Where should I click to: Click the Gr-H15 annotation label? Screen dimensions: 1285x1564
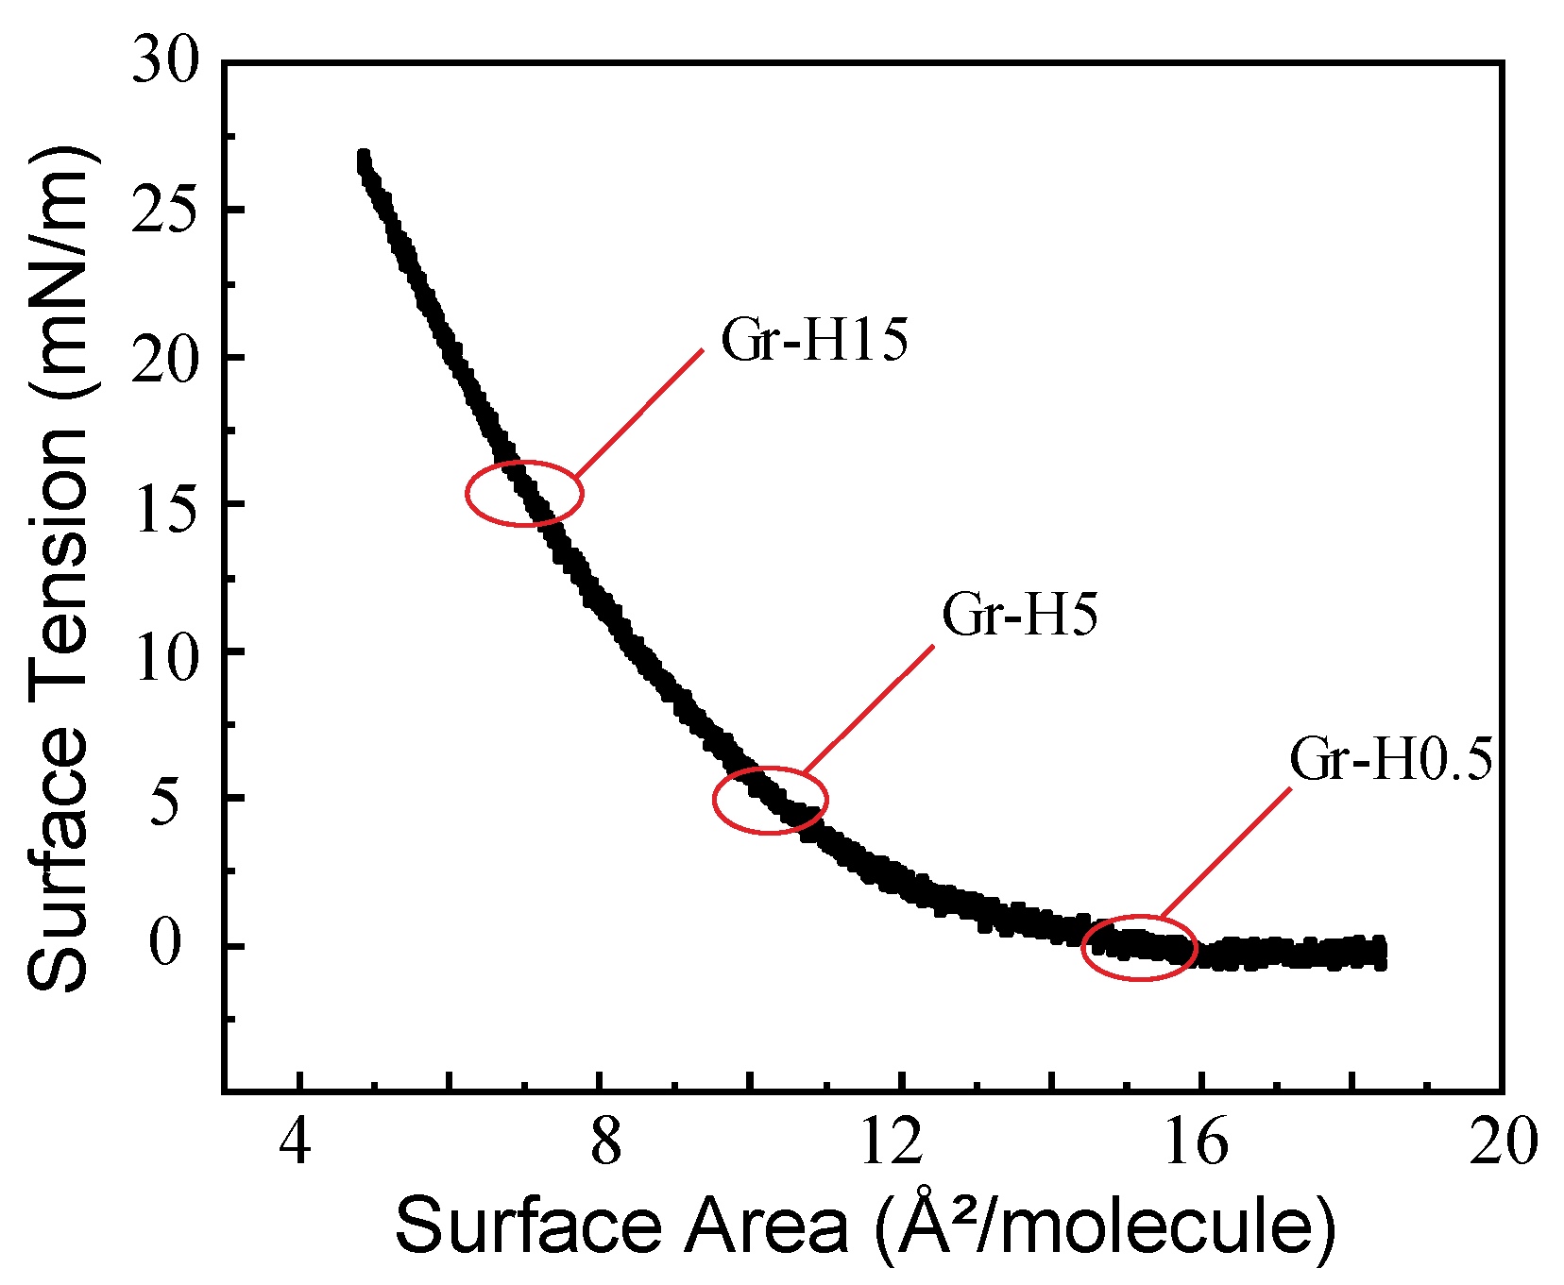(x=814, y=341)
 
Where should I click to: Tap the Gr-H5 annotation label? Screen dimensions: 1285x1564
(x=1020, y=616)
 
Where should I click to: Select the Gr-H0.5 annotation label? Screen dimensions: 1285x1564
(x=1390, y=760)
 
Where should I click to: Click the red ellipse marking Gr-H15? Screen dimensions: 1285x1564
(x=524, y=493)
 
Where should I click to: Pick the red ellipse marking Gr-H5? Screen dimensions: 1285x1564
(x=770, y=800)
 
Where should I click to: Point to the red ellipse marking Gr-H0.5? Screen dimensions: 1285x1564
(x=1139, y=947)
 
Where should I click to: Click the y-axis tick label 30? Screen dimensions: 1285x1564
(x=166, y=64)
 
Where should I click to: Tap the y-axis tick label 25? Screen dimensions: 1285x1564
(x=166, y=211)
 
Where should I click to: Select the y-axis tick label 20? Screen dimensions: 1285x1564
(x=166, y=358)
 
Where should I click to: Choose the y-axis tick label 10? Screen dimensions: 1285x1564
(x=166, y=652)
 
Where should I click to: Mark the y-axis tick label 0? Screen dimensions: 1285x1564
(x=166, y=945)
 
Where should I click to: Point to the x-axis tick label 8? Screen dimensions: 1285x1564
(x=605, y=1143)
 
